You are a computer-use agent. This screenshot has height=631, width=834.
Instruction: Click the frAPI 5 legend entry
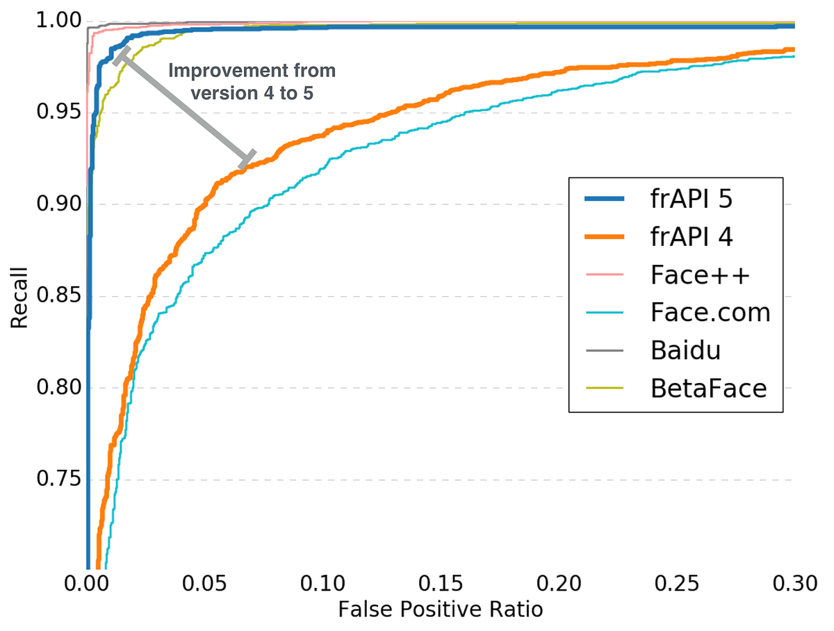click(692, 200)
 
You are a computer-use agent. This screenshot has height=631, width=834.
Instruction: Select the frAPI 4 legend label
click(692, 238)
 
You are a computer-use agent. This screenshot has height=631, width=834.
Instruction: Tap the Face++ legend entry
click(701, 275)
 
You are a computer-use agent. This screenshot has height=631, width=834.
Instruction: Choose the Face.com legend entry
click(711, 313)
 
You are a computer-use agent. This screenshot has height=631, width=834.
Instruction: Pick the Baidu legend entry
click(685, 350)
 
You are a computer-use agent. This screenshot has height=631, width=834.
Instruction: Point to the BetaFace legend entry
click(708, 388)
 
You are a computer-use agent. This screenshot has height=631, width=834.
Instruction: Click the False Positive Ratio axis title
click(440, 609)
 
